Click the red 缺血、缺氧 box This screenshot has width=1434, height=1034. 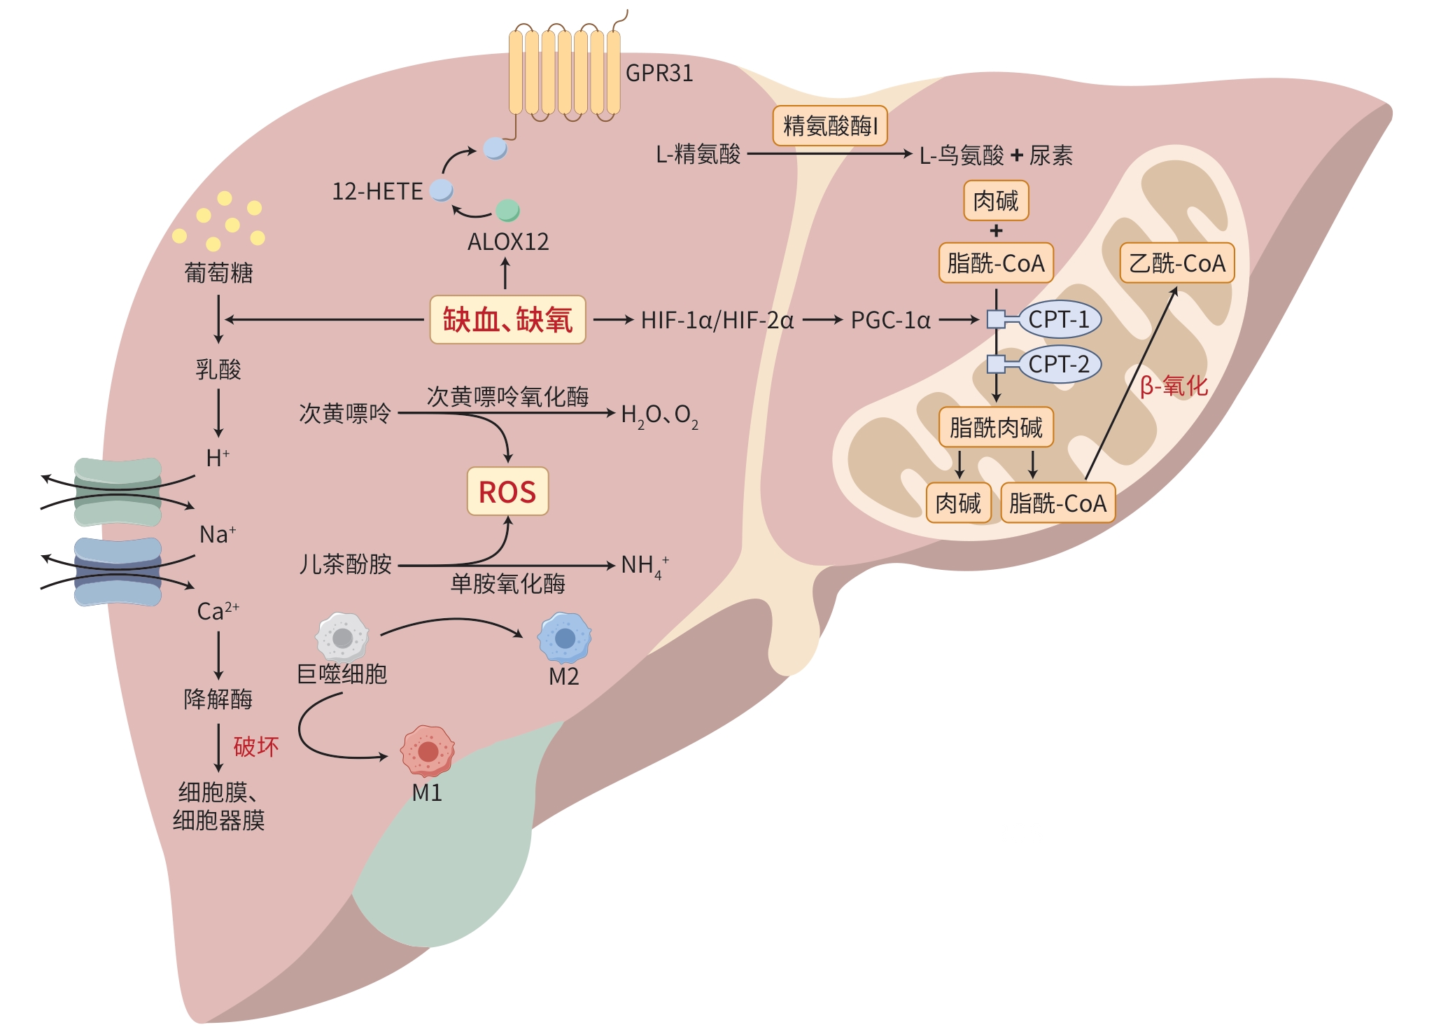[507, 320]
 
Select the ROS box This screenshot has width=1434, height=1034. [507, 491]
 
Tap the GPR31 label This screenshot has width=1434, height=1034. [659, 74]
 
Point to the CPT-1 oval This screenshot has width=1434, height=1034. [1059, 319]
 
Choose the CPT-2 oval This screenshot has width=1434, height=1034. [1059, 364]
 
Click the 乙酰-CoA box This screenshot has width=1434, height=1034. [1176, 263]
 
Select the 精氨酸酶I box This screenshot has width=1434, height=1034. [830, 126]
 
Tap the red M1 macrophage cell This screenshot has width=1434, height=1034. [428, 751]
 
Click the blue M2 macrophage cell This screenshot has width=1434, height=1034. [564, 638]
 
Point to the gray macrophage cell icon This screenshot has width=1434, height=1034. [342, 637]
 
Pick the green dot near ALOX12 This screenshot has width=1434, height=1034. [507, 209]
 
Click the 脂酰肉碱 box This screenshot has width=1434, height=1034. [995, 427]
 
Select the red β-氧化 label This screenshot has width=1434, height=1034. [1174, 386]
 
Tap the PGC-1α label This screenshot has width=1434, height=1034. [890, 321]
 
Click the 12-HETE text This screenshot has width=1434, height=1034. [377, 192]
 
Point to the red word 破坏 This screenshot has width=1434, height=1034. [256, 747]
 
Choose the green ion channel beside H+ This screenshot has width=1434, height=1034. [118, 492]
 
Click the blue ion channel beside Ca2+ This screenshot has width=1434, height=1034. [118, 571]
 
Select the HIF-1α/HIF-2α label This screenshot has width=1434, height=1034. [717, 321]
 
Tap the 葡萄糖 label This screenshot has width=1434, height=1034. [218, 272]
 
